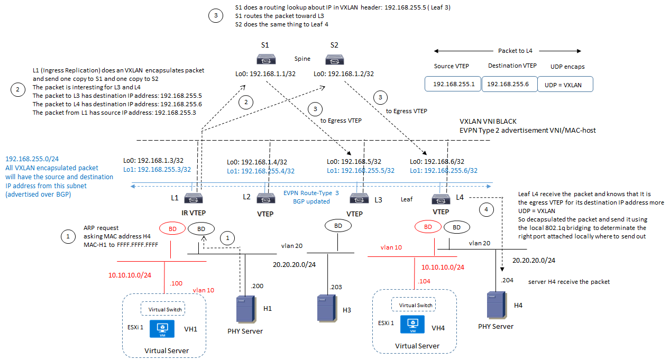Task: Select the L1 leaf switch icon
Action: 190,198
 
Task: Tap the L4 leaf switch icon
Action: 440,198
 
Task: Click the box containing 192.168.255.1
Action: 453,84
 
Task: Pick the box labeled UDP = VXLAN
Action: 565,84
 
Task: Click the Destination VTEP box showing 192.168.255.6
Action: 508,84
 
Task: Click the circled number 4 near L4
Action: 487,209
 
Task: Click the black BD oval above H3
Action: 337,225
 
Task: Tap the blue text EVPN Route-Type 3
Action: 311,194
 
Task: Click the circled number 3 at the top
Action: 215,16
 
